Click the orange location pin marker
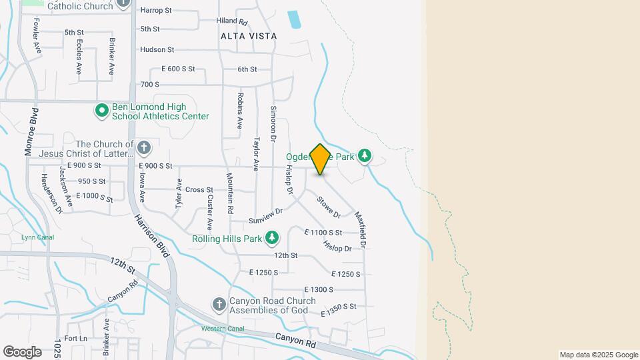click(x=320, y=159)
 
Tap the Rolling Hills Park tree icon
click(x=272, y=237)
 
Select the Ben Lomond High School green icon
click(x=101, y=111)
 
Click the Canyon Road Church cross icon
click(x=219, y=305)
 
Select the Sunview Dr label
click(x=266, y=216)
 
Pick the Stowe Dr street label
click(x=329, y=207)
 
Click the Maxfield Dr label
click(x=361, y=230)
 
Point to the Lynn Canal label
click(x=37, y=237)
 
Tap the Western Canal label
click(x=223, y=329)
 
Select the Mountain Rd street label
click(x=230, y=193)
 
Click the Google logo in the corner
click(x=21, y=351)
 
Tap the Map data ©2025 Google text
click(x=599, y=355)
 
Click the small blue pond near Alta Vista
click(x=294, y=19)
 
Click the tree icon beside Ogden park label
click(x=364, y=156)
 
